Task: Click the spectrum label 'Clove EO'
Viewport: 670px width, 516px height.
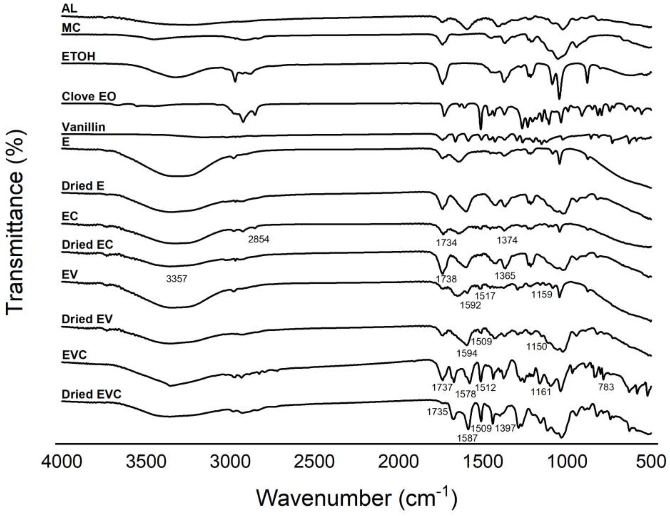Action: [89, 97]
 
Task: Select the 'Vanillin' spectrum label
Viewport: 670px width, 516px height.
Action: [83, 127]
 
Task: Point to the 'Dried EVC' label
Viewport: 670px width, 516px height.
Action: [92, 394]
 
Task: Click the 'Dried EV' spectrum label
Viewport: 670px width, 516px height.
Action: [87, 319]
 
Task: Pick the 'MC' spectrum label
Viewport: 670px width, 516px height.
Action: [71, 28]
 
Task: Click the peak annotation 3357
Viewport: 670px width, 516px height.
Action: [176, 279]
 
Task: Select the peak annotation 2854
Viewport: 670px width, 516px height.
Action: [259, 239]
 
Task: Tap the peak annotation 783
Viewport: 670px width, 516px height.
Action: [606, 387]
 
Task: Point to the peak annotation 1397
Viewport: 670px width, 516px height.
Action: [505, 428]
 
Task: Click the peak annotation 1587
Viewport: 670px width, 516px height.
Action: [467, 438]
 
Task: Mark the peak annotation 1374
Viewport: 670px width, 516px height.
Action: [507, 240]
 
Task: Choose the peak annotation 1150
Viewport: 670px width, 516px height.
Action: [537, 347]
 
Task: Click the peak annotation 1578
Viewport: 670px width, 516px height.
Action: [465, 394]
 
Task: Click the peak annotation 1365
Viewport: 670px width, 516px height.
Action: [505, 276]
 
